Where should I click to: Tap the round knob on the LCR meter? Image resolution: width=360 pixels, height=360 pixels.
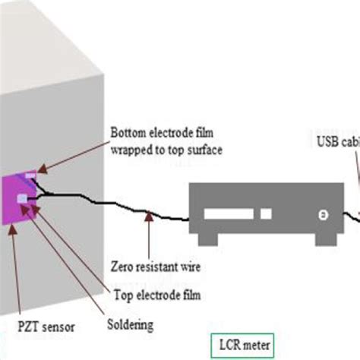[x=322, y=215]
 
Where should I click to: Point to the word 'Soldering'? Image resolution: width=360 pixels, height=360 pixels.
[x=128, y=324]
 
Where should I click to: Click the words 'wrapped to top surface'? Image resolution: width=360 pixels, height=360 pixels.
[x=166, y=150]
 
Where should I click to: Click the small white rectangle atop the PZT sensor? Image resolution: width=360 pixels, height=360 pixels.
[x=30, y=176]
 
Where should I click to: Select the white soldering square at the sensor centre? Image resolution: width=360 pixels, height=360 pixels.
[x=24, y=199]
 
